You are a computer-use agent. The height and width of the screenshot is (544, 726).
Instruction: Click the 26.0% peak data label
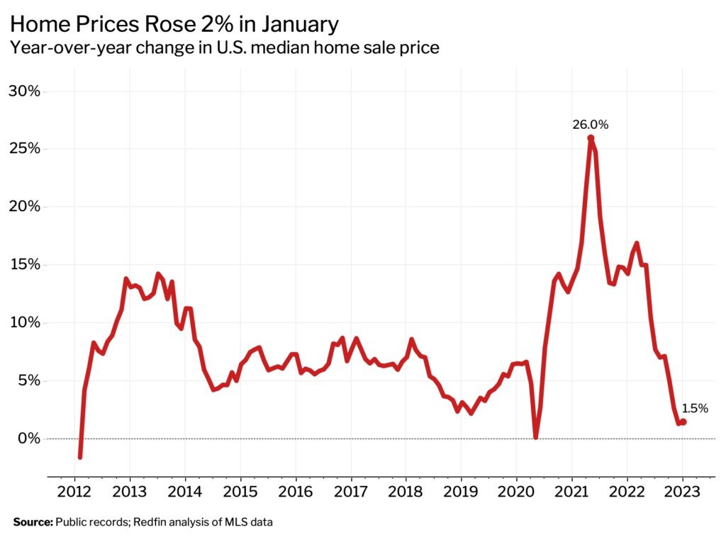coord(591,125)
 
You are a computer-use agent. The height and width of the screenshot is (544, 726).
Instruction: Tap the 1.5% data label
coord(695,408)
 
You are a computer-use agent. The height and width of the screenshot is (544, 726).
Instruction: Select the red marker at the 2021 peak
coord(591,138)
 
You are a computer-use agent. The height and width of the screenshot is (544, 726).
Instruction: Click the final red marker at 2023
coord(683,421)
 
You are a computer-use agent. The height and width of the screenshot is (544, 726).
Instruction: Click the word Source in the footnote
coord(33,523)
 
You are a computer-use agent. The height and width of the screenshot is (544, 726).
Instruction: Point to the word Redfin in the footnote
coord(141,523)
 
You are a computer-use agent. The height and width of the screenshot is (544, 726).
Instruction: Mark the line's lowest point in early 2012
coord(79,457)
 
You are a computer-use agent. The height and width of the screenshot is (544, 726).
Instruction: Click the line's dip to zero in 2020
coord(535,437)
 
